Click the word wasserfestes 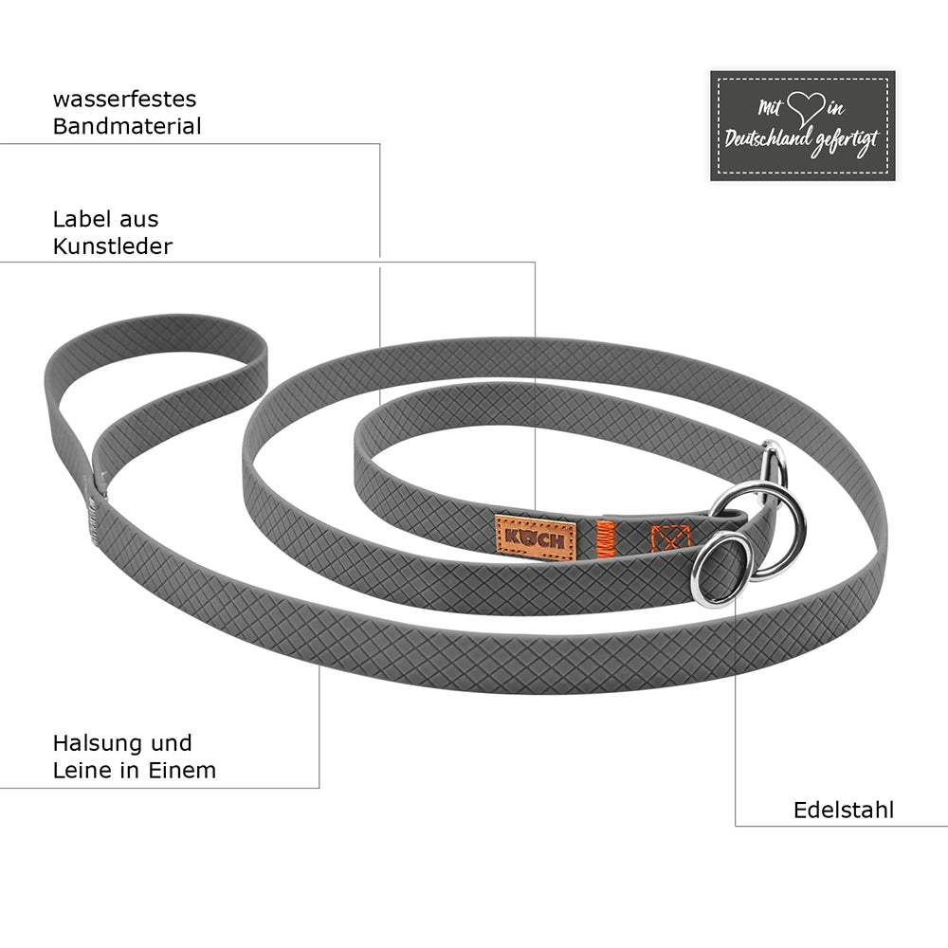click(124, 100)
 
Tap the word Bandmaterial click(127, 126)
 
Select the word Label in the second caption click(80, 219)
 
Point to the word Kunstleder click(113, 246)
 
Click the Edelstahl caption click(844, 811)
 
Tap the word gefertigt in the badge click(846, 143)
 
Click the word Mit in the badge click(770, 108)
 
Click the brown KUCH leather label click(535, 538)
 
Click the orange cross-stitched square click(670, 538)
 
